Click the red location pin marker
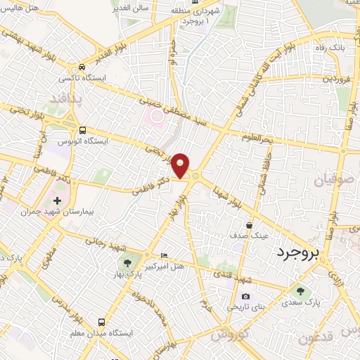pos(181,165)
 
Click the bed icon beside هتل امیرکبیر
pos(165,255)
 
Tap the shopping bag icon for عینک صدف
pos(249,226)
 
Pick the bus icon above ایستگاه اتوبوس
pos(83,131)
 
